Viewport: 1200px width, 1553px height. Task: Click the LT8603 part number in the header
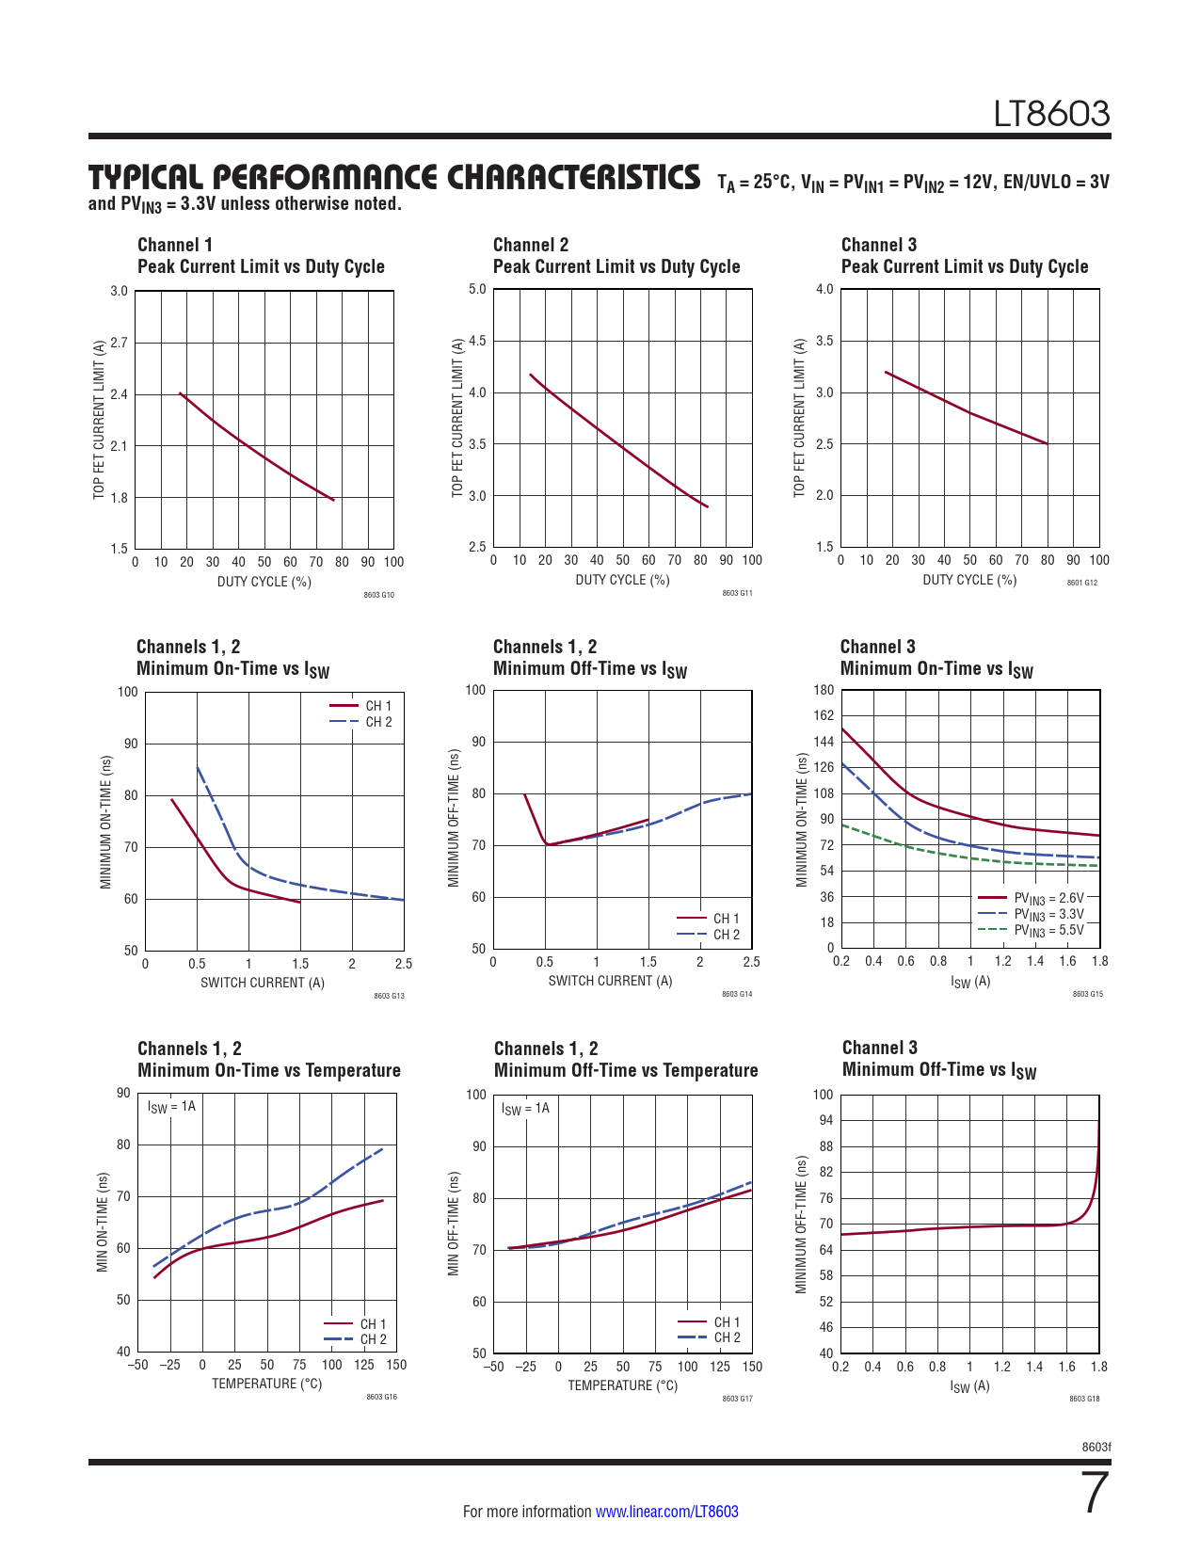1052,114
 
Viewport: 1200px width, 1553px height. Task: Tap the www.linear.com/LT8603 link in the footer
666,1512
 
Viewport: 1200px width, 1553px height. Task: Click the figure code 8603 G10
378,595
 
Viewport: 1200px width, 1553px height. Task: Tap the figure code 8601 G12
1081,583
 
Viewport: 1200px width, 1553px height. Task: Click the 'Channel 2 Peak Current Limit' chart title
616,256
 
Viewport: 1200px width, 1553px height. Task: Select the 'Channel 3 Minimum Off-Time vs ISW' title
938,1059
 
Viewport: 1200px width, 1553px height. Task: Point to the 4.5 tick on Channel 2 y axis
477,341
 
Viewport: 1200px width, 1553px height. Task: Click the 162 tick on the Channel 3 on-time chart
824,715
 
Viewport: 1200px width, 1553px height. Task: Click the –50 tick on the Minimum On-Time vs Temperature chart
137,1365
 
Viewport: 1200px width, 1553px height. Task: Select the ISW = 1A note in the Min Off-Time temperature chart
525,1109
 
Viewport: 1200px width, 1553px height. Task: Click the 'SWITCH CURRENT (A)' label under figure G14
610,981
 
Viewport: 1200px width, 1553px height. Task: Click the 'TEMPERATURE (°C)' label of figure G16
266,1384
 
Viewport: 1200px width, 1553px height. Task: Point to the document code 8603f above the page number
1096,1447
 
